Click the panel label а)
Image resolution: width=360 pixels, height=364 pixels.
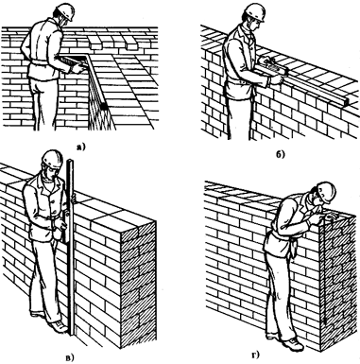point(80,146)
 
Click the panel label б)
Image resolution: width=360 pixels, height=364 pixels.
point(281,155)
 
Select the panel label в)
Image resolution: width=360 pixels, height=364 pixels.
point(70,357)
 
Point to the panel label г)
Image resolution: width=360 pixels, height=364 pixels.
point(255,355)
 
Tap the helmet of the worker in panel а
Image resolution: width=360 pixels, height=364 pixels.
point(65,11)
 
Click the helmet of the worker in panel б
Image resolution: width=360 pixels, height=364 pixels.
point(256,11)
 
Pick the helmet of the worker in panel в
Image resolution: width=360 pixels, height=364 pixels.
point(52,158)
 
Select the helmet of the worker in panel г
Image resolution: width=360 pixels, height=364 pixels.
point(326,191)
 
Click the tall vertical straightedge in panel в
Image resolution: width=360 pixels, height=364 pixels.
point(72,248)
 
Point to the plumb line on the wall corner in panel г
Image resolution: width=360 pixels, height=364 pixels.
point(323,274)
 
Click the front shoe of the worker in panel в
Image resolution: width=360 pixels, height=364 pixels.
point(59,327)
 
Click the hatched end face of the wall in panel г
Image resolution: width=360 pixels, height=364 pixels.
point(339,284)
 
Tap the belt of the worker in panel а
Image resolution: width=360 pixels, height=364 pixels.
point(41,63)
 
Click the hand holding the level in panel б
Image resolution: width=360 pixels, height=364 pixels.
point(277,78)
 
